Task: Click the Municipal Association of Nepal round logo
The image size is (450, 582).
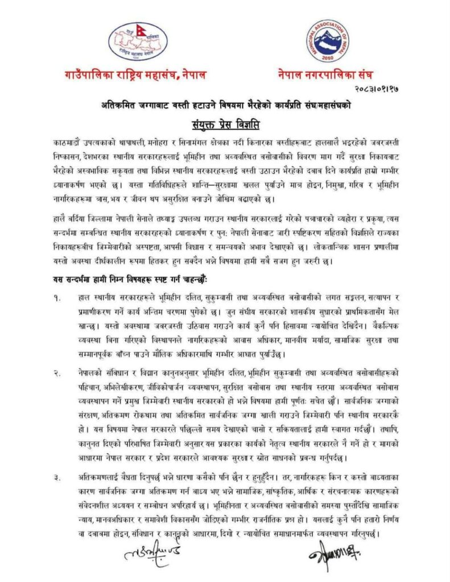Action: pos(328,40)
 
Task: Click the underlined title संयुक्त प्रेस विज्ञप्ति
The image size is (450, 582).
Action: pos(224,121)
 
